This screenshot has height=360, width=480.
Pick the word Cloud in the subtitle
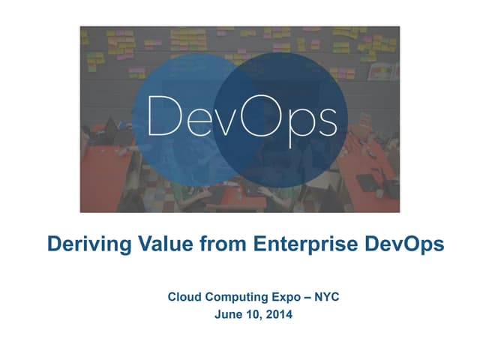184,298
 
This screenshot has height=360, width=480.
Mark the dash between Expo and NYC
308,298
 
